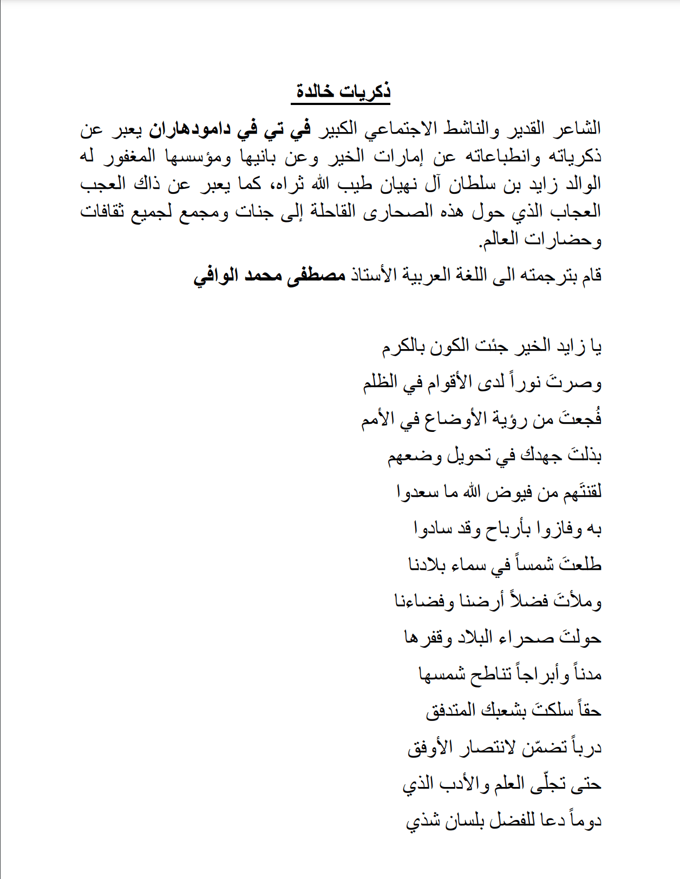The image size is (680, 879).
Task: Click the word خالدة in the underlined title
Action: [x=314, y=91]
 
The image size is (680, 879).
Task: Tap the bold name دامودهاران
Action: [x=189, y=129]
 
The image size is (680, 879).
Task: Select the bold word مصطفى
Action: [x=316, y=275]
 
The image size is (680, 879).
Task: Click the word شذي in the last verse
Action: [x=419, y=821]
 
